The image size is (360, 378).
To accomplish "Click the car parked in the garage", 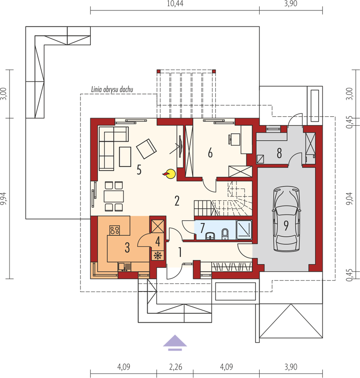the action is [286, 219].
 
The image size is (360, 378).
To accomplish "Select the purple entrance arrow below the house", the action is [175, 343].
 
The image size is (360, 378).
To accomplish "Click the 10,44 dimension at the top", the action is [175, 4].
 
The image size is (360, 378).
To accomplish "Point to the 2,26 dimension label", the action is [176, 367].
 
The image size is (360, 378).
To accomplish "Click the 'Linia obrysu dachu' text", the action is [112, 89].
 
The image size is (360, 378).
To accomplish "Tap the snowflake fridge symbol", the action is [158, 255].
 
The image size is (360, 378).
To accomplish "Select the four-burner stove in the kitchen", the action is [114, 230].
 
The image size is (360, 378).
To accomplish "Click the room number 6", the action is [210, 153].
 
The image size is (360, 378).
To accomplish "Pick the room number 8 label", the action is [279, 153].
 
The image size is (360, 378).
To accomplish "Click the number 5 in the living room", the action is [139, 170].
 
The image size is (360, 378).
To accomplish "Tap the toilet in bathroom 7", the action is [225, 234].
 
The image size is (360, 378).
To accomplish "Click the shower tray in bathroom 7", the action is [244, 230].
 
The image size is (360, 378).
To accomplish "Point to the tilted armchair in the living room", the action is [146, 149].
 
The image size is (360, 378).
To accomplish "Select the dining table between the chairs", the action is [114, 196].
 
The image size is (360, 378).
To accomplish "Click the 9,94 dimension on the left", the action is [4, 199].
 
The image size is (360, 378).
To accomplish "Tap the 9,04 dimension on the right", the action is [350, 199].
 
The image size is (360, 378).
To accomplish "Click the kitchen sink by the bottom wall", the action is [124, 267].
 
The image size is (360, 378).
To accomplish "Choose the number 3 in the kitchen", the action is [127, 248].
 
